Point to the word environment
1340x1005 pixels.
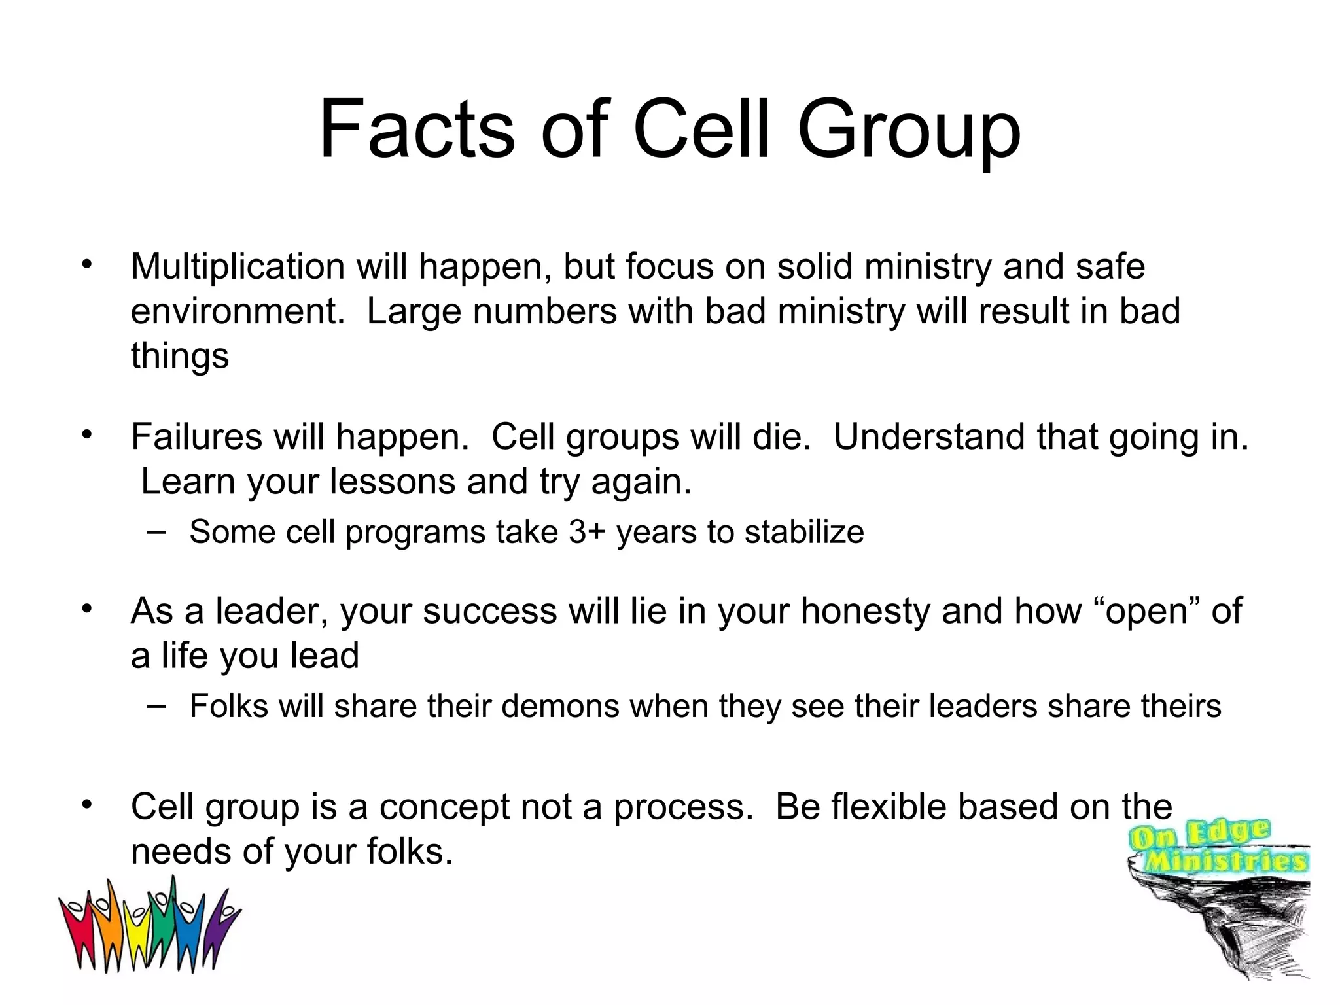click(237, 311)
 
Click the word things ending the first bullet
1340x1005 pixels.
click(180, 357)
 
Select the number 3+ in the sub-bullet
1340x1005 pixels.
click(588, 531)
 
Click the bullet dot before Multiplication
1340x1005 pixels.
click(86, 266)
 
